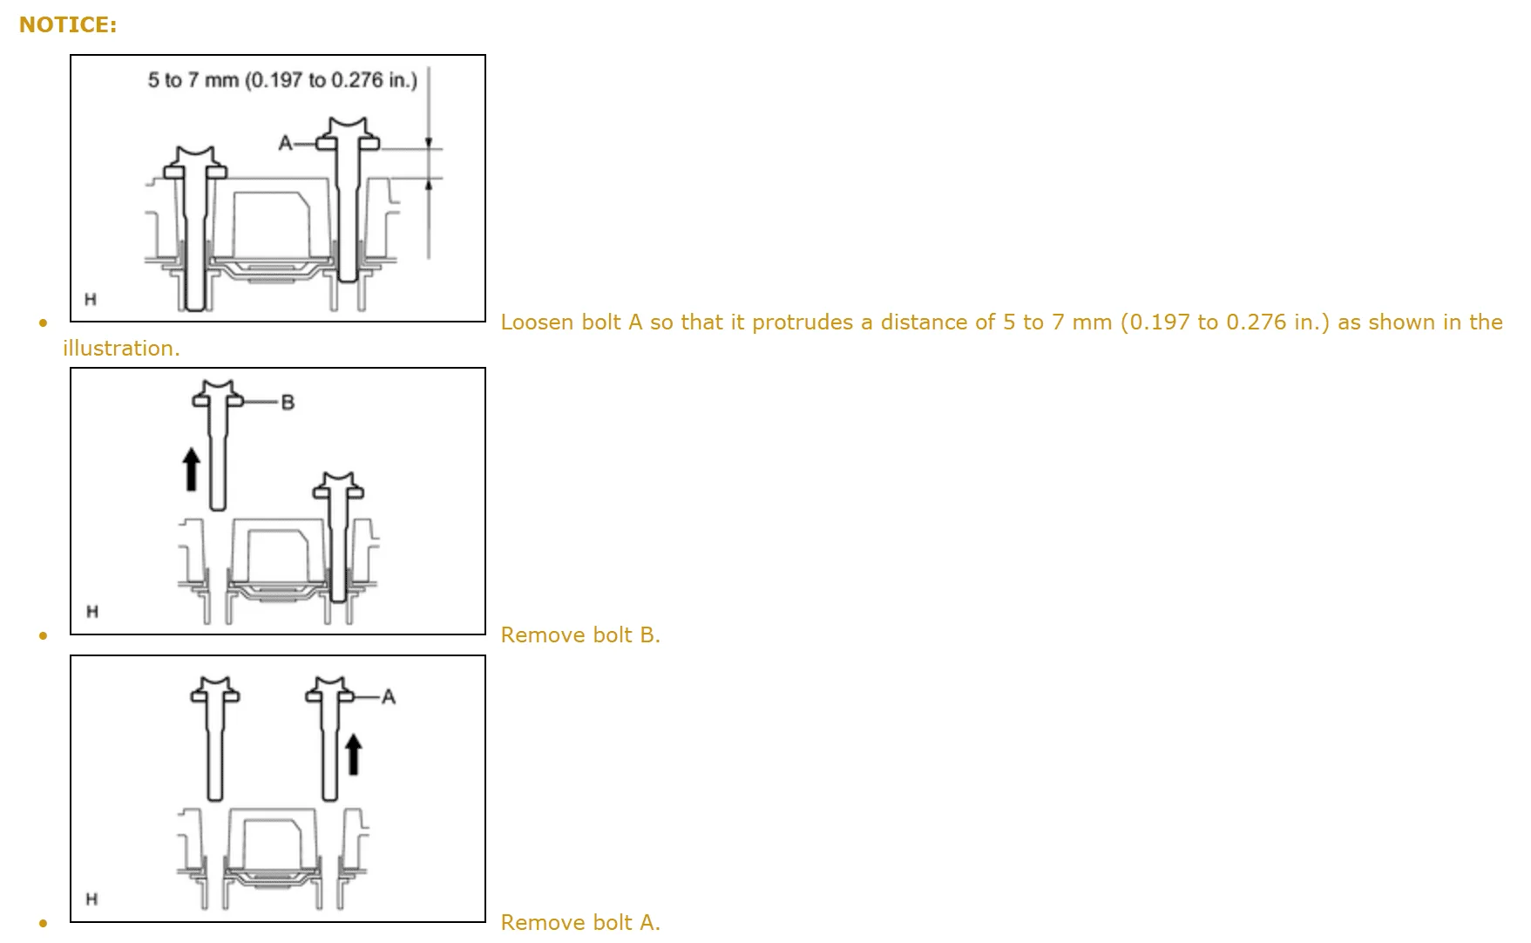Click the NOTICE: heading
point(68,25)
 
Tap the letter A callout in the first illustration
point(285,142)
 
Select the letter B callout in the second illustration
point(288,402)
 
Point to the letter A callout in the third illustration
point(389,696)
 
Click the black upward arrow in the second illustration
point(190,468)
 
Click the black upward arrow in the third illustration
point(353,754)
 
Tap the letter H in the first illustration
point(91,300)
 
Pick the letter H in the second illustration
point(92,612)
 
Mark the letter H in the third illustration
point(91,899)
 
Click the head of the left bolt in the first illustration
point(195,163)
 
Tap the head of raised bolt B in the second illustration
point(217,394)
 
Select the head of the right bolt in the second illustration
point(338,486)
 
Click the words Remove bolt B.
point(580,635)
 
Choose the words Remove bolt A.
point(580,922)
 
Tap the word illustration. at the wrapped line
point(121,349)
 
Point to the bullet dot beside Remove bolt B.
point(43,635)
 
